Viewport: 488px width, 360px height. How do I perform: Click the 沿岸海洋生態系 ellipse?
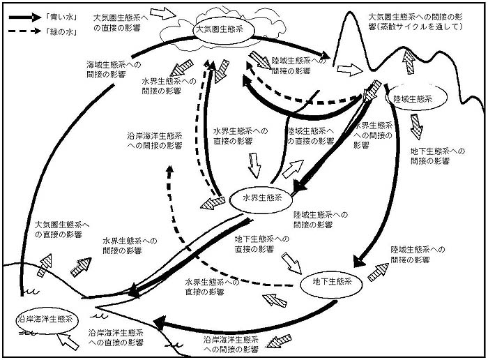coord(44,319)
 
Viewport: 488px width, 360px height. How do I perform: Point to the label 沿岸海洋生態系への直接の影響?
coord(116,338)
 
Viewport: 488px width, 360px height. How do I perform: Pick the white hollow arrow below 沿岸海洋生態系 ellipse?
coord(71,342)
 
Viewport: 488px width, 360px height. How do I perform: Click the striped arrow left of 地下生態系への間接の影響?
coord(416,126)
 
